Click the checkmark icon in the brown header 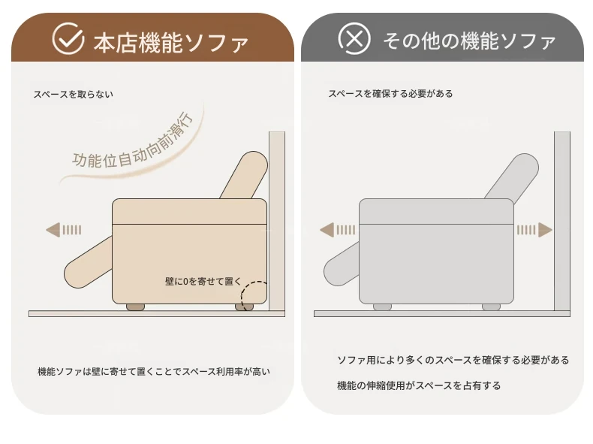pyautogui.click(x=68, y=38)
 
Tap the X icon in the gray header pyautogui.click(x=354, y=38)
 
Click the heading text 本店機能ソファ pyautogui.click(x=170, y=42)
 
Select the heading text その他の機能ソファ pyautogui.click(x=469, y=41)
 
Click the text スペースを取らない pyautogui.click(x=73, y=94)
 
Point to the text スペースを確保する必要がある pyautogui.click(x=390, y=93)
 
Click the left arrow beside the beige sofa pyautogui.click(x=64, y=230)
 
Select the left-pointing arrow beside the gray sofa pyautogui.click(x=337, y=230)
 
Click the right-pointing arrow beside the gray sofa pyautogui.click(x=534, y=230)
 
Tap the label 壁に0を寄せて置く pyautogui.click(x=203, y=281)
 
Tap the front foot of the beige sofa pyautogui.click(x=135, y=307)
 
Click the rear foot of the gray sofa pyautogui.click(x=491, y=307)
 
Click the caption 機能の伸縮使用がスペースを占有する pyautogui.click(x=419, y=385)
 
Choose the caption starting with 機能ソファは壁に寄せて pyautogui.click(x=154, y=372)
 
